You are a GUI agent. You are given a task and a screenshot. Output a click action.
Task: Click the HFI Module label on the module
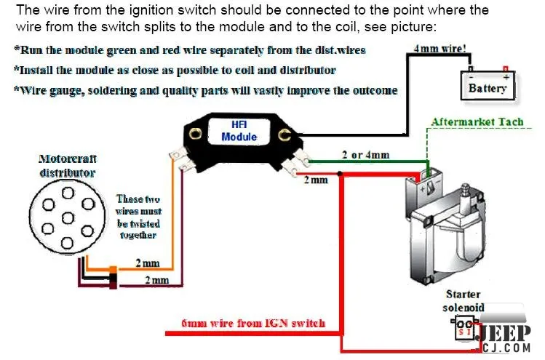(x=239, y=131)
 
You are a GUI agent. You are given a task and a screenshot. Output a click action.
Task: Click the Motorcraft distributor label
(x=68, y=165)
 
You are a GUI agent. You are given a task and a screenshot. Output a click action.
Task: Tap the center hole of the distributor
(x=68, y=217)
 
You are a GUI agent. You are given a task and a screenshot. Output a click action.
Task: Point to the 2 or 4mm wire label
(x=365, y=155)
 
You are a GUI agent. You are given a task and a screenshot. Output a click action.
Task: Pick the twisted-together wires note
(x=138, y=217)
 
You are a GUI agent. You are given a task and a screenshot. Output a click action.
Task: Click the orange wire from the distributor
(x=172, y=218)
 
